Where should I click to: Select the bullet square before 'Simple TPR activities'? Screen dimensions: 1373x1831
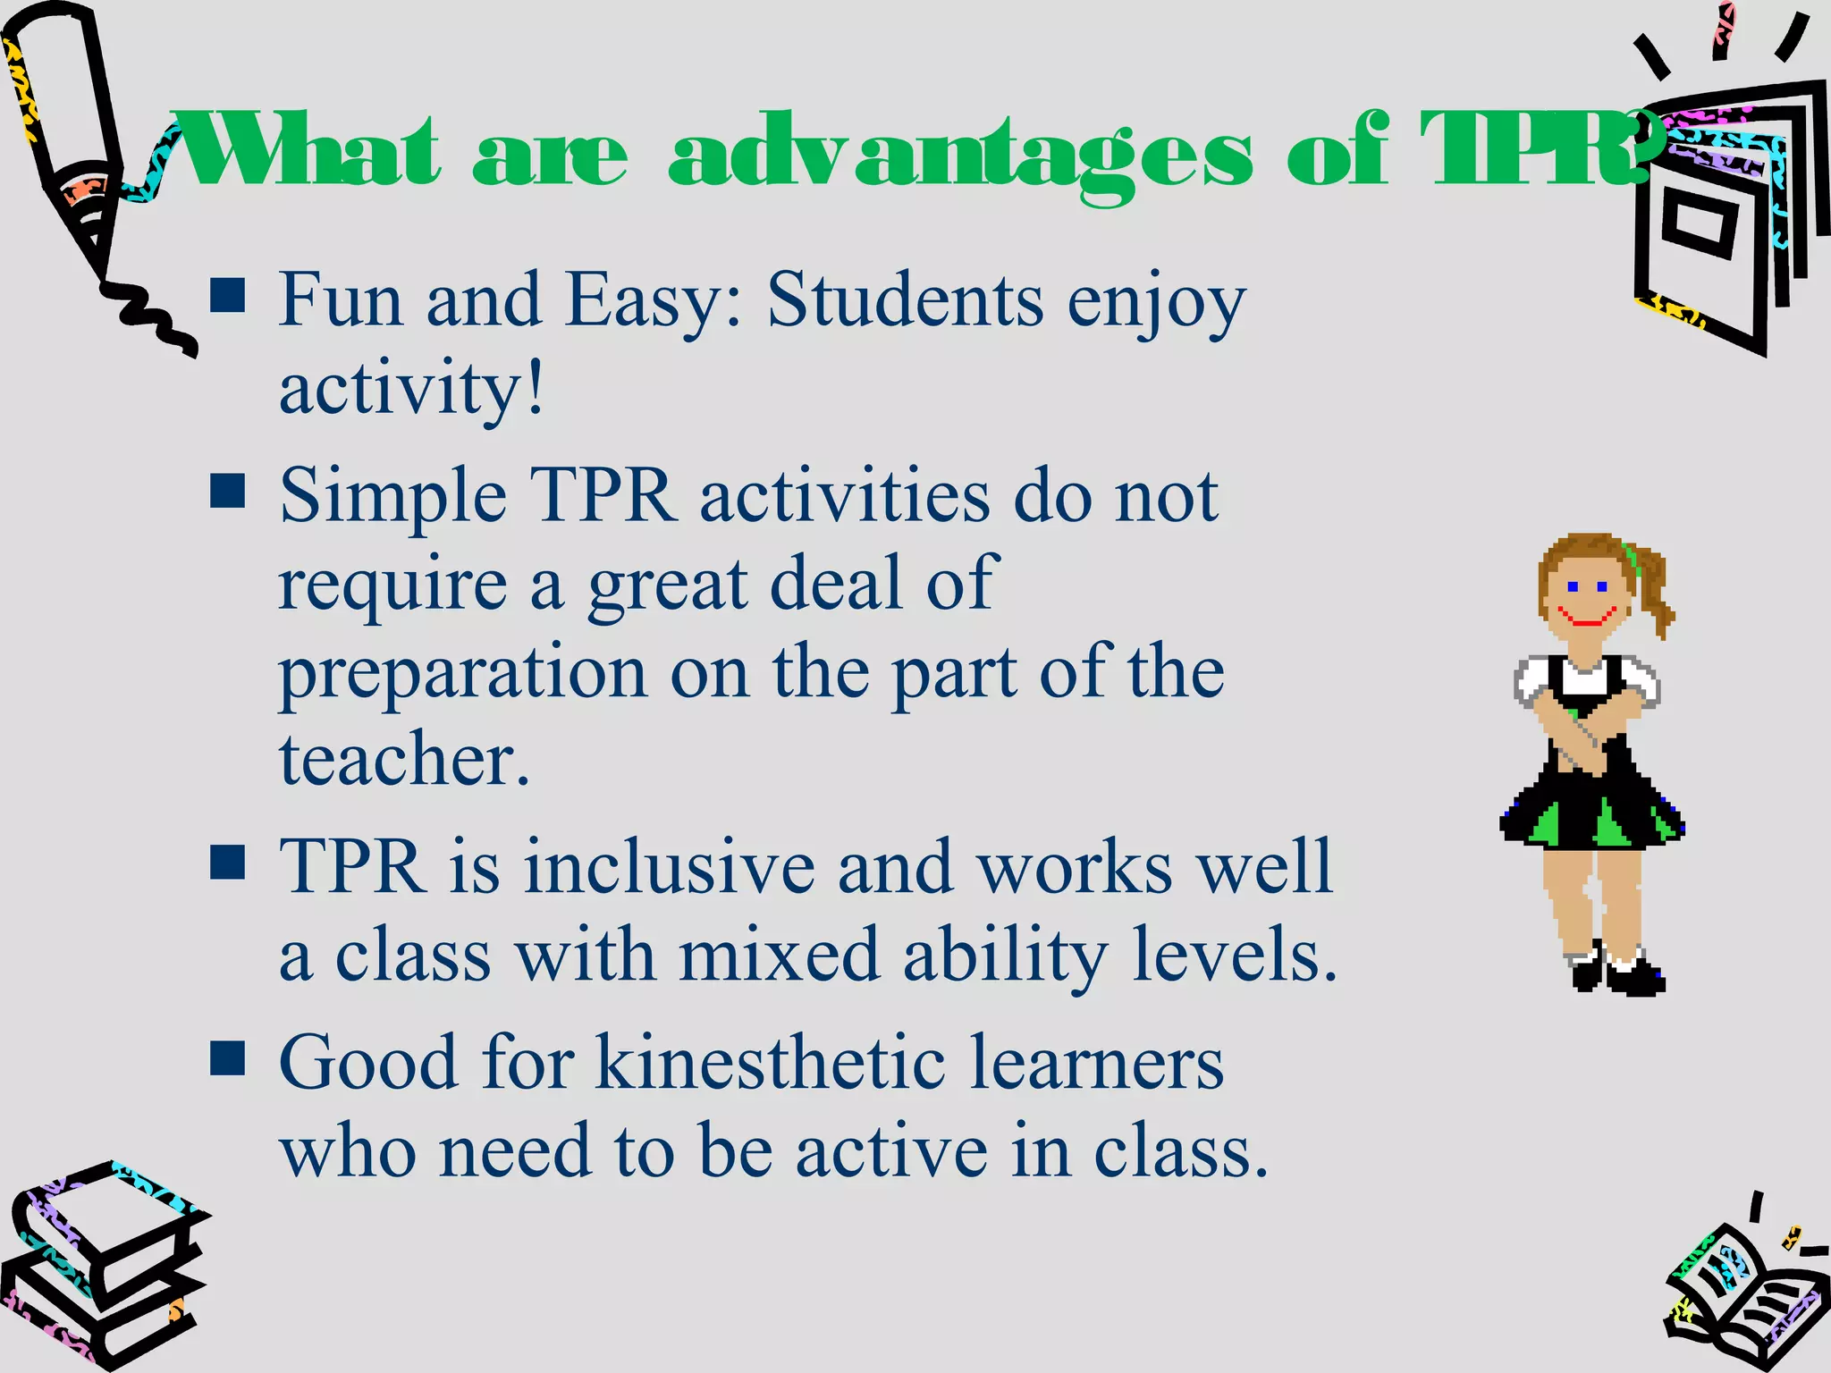point(228,490)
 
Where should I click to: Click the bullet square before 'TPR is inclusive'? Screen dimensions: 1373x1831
point(228,863)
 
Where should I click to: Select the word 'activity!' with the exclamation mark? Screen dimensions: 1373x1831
point(411,389)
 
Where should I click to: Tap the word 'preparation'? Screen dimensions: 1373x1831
point(463,673)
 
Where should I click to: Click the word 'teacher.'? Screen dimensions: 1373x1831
point(405,760)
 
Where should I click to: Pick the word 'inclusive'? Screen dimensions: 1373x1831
point(669,866)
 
